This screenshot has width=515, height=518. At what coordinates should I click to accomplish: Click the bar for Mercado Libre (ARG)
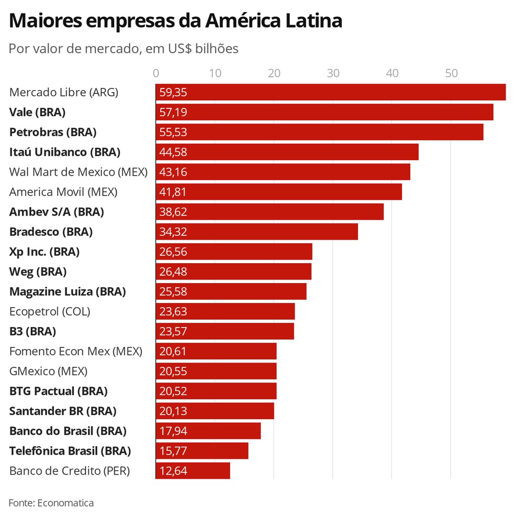(x=331, y=92)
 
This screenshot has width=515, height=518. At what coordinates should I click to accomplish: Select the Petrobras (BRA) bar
(x=319, y=132)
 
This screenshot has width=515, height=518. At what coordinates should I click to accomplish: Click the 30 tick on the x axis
(x=333, y=73)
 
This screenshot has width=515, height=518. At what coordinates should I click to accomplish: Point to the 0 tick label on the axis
(x=156, y=73)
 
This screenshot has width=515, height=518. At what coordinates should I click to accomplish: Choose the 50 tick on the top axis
(x=451, y=73)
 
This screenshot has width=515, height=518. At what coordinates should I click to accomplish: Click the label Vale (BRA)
(x=37, y=112)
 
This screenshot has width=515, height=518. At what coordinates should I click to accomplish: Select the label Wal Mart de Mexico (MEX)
(x=79, y=172)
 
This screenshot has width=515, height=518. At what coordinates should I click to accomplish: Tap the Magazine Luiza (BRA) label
(x=68, y=291)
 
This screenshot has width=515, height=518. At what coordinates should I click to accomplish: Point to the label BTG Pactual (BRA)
(x=58, y=391)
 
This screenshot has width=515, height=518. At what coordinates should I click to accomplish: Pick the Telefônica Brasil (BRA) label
(x=70, y=451)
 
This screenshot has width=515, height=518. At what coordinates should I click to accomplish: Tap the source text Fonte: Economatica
(x=51, y=503)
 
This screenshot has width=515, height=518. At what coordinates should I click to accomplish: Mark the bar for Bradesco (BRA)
(x=256, y=231)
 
